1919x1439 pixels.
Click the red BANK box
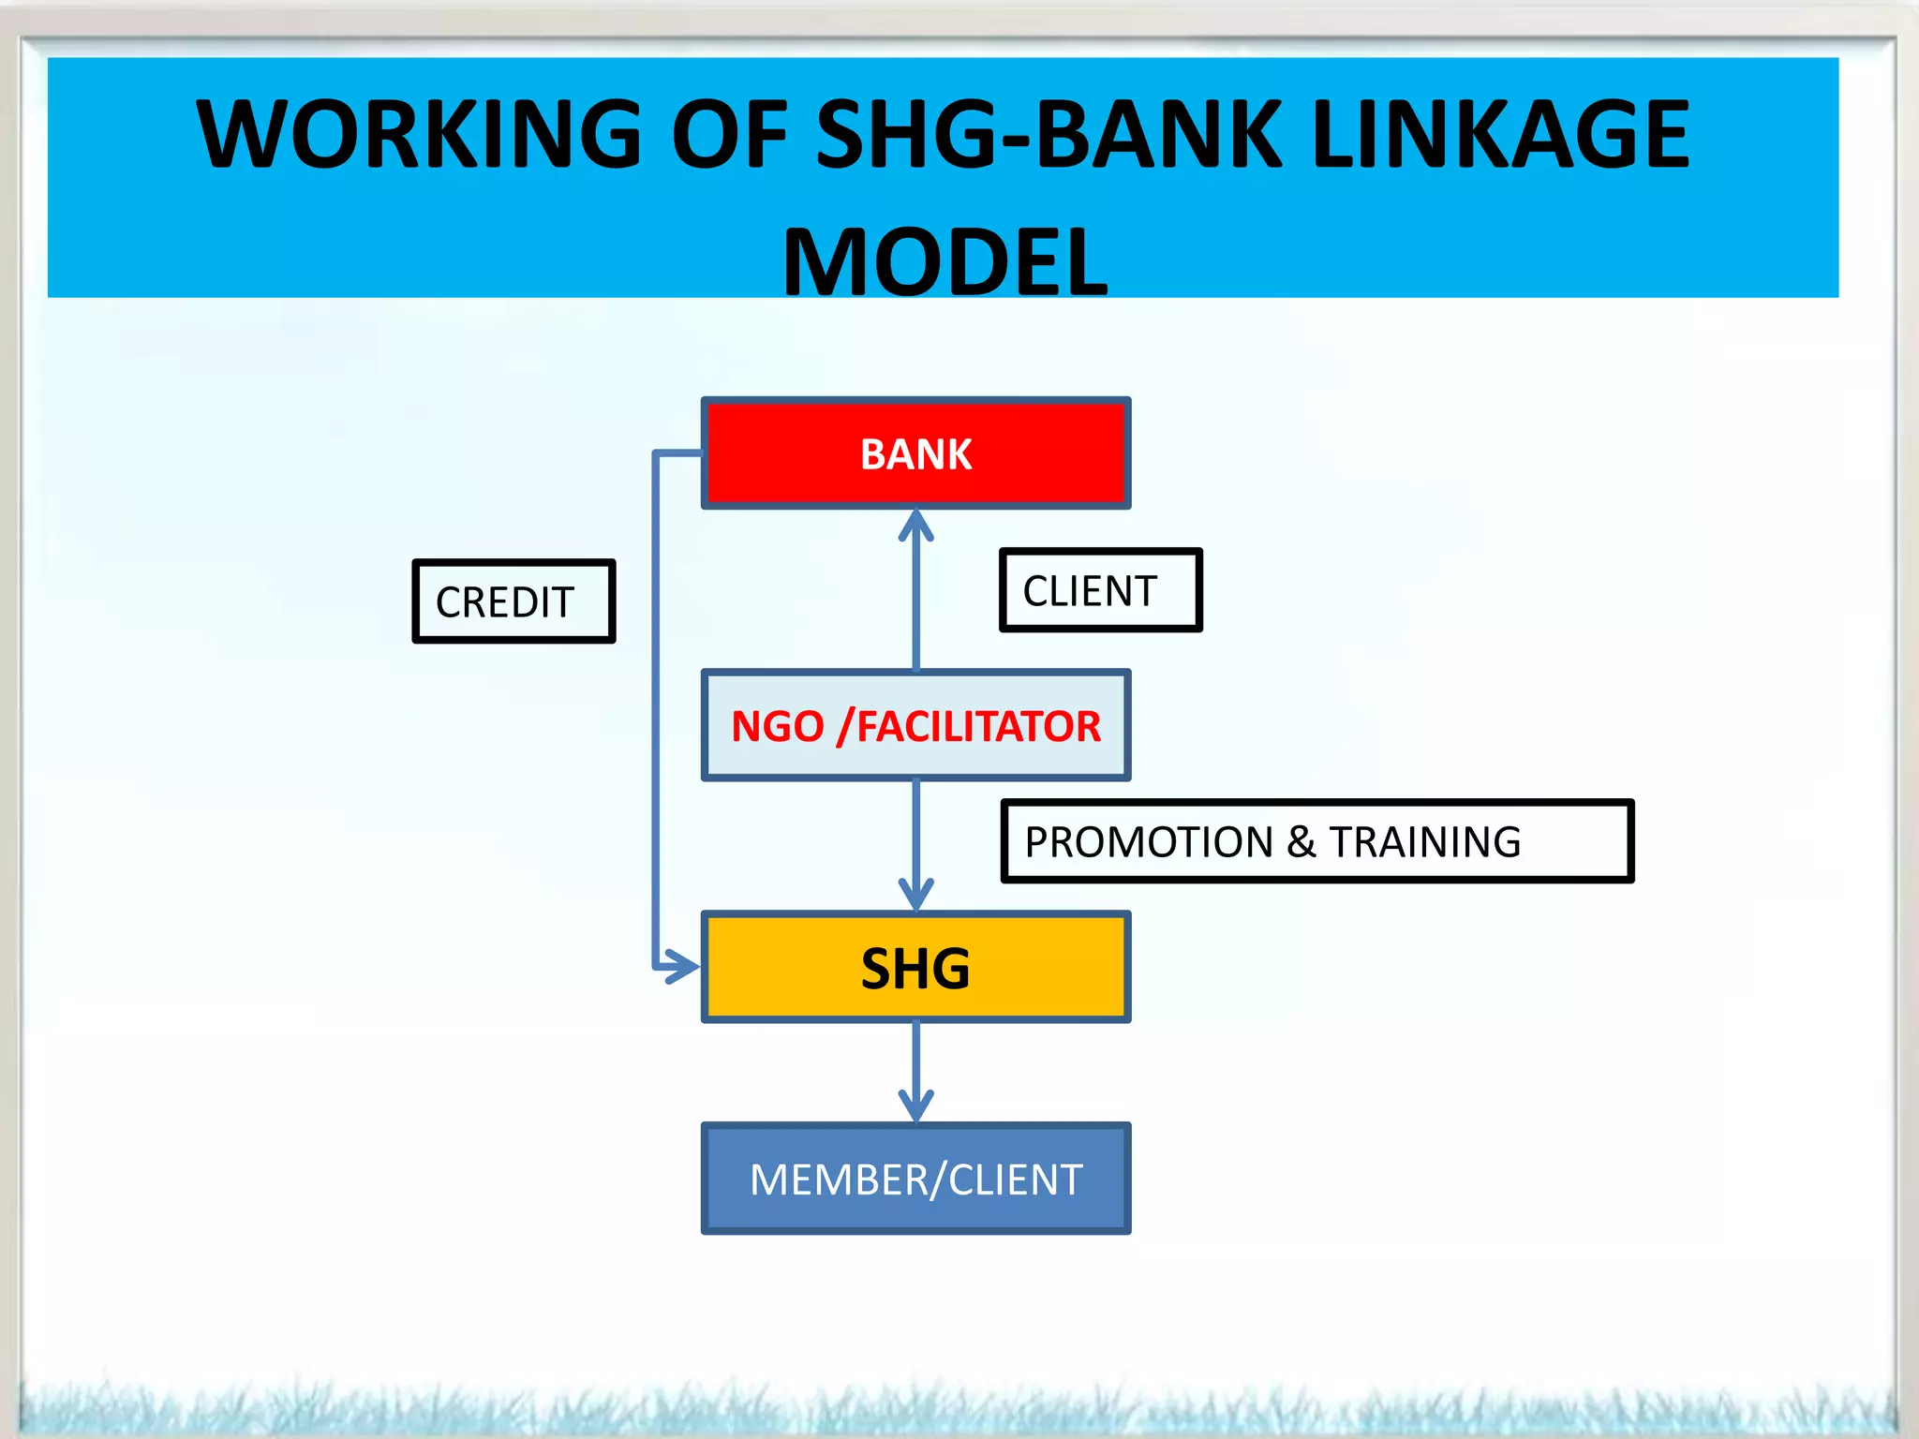coord(915,453)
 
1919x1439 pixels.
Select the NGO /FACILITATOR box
coord(915,726)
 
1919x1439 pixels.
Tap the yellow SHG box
coord(915,968)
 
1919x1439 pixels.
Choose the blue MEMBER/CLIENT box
coord(915,1179)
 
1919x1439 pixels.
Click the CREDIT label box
coord(513,601)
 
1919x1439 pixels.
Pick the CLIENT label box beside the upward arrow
coord(1100,591)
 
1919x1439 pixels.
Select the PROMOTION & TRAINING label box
coord(1317,841)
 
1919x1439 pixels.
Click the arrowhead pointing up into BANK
coord(915,525)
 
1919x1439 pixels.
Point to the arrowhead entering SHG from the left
coord(682,966)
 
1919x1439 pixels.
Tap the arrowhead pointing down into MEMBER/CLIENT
coord(915,1105)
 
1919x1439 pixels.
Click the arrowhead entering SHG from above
coord(915,894)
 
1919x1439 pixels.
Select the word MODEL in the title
coord(945,263)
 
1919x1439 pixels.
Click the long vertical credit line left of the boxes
coord(656,712)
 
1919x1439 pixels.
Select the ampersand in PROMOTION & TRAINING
coord(1301,842)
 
